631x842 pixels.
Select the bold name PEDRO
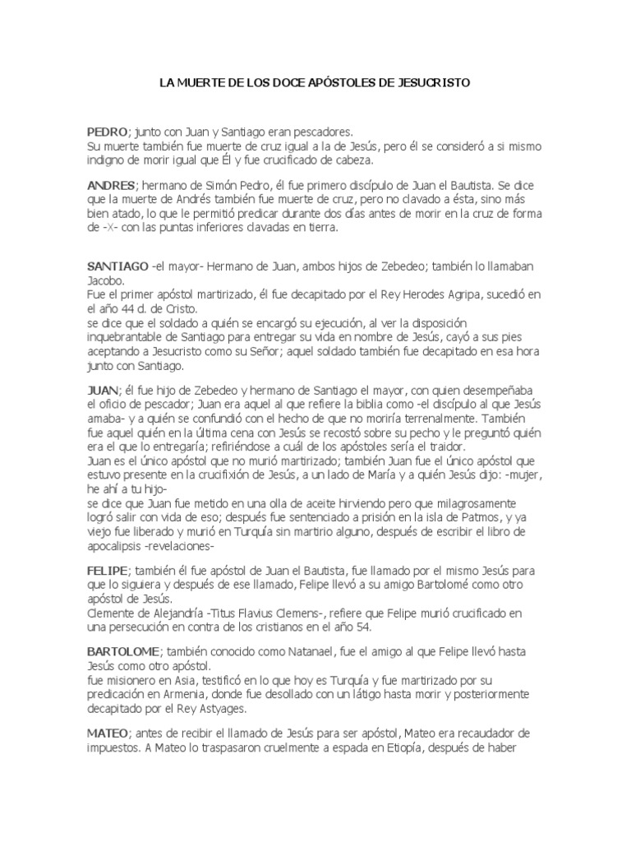click(x=107, y=132)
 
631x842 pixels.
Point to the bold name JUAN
click(x=102, y=387)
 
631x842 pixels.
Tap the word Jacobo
click(x=106, y=280)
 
